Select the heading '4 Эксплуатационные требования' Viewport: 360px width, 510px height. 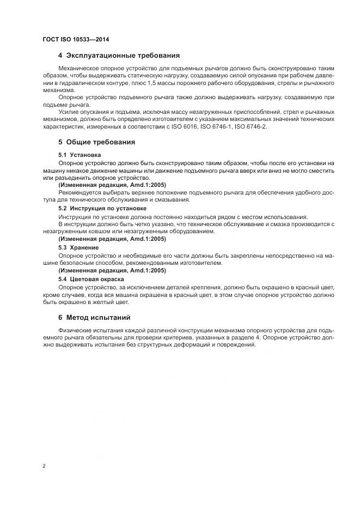pos(119,56)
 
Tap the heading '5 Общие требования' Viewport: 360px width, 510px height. pos(96,142)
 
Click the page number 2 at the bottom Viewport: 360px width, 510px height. pos(44,466)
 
